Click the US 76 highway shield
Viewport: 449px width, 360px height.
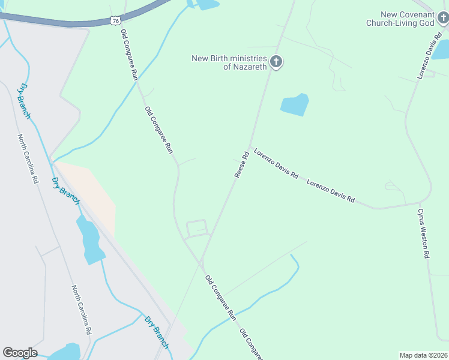click(x=115, y=21)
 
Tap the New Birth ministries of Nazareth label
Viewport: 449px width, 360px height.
click(x=229, y=62)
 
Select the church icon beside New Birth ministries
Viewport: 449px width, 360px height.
click(x=276, y=62)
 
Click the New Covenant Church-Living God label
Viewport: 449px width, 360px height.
click(x=400, y=19)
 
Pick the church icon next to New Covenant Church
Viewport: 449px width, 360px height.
click(x=443, y=19)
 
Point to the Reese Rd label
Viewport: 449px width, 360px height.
click(x=241, y=164)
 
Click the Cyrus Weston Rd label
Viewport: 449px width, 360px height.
click(x=424, y=233)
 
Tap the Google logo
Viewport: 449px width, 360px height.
click(x=20, y=353)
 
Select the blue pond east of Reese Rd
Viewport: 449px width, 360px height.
click(x=294, y=106)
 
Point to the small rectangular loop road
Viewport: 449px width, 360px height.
click(x=197, y=229)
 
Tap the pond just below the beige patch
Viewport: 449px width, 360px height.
click(x=90, y=240)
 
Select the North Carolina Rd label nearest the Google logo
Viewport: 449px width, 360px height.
click(x=81, y=310)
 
